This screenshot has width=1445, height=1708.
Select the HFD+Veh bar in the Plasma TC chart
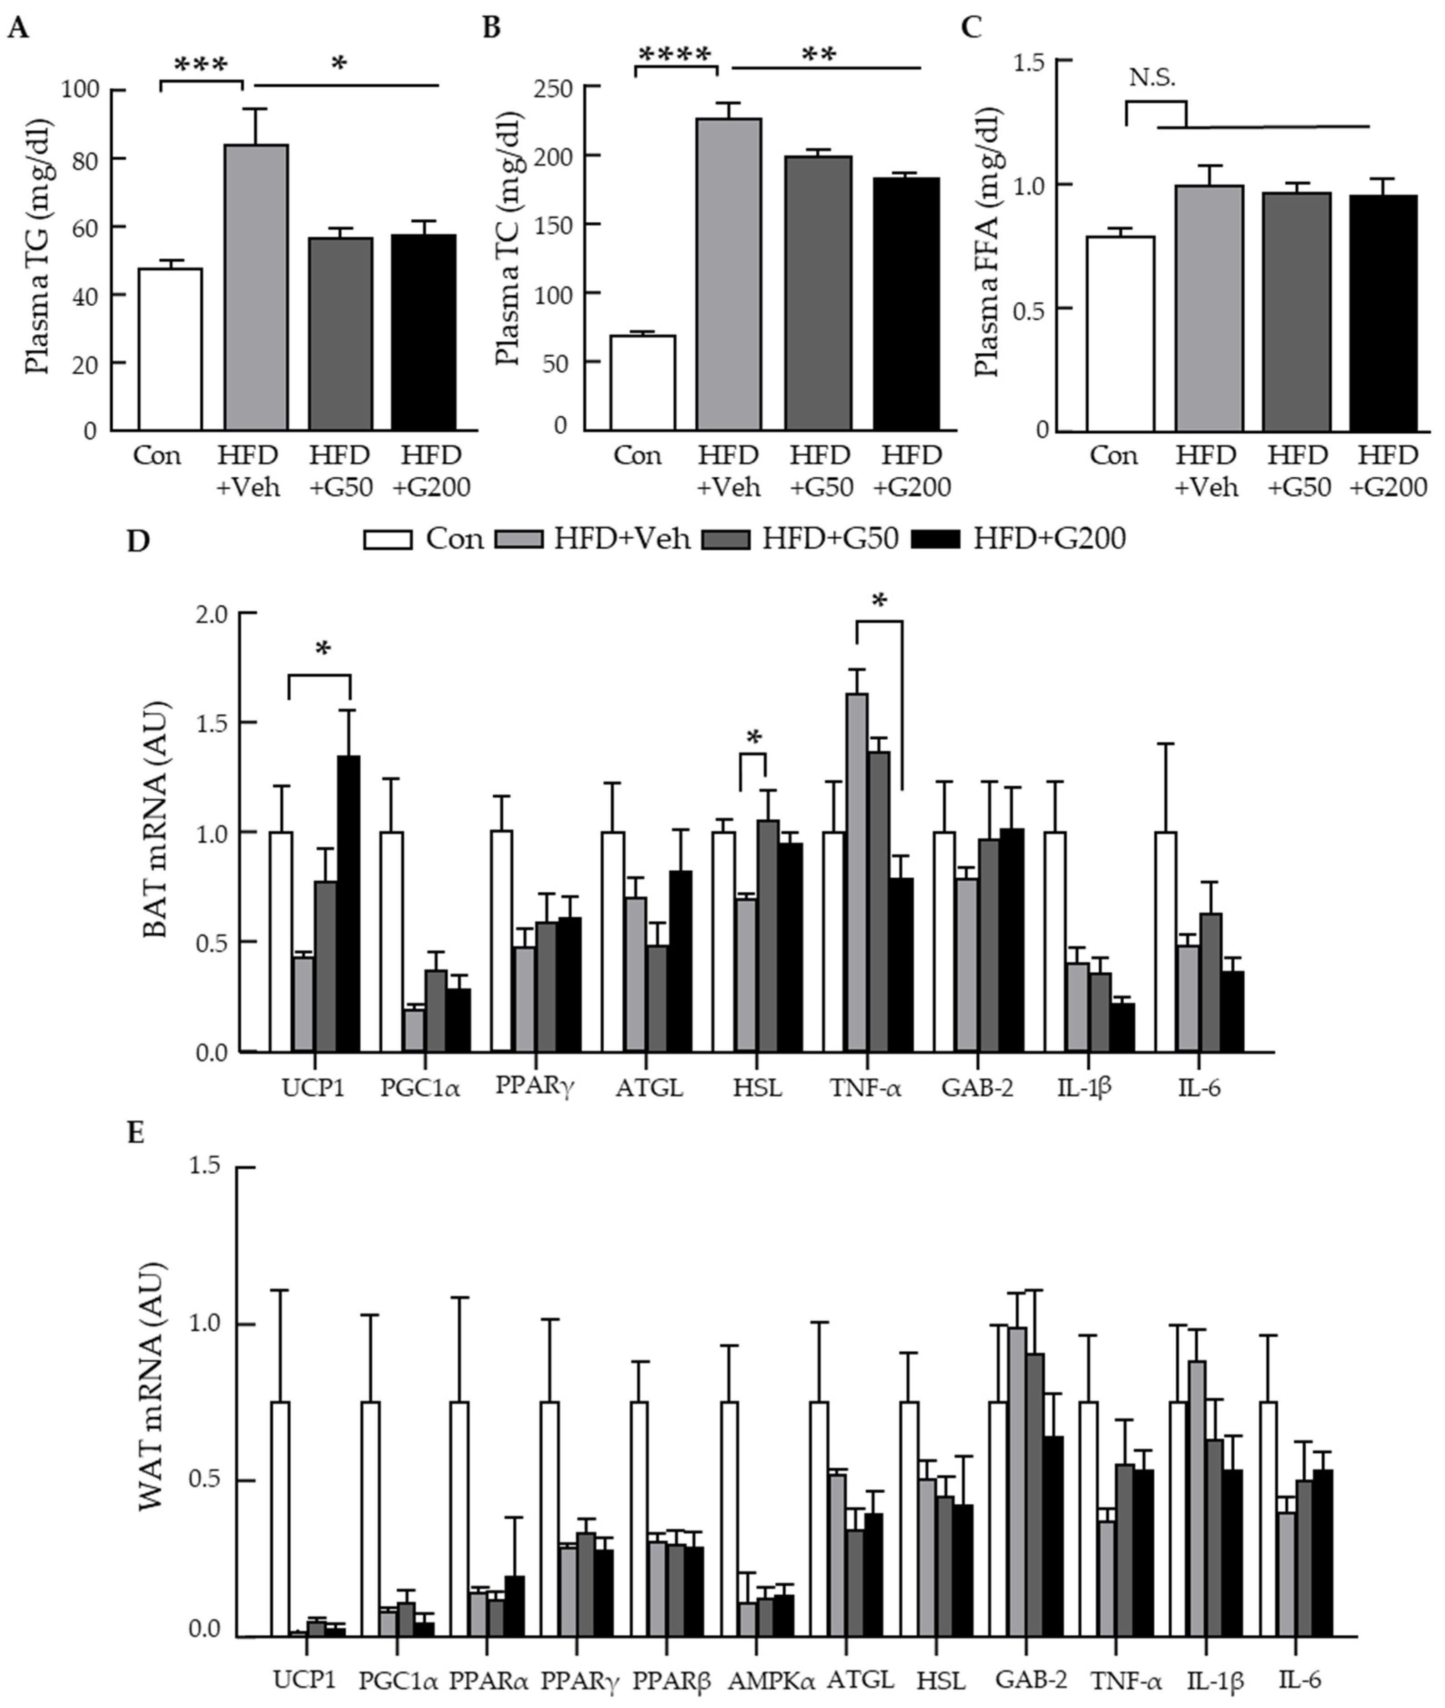(729, 274)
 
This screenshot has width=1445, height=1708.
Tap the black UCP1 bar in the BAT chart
(348, 904)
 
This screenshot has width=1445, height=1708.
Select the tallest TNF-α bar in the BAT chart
(857, 873)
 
